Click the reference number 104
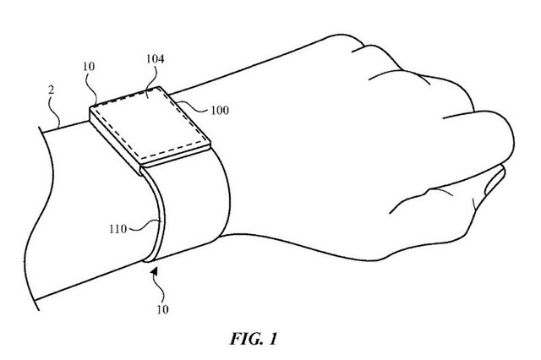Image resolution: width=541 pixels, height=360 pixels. tap(156, 59)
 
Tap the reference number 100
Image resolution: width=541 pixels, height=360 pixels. tap(220, 111)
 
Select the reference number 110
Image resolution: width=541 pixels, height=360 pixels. tap(118, 229)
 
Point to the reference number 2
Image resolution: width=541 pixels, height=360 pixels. tap(51, 90)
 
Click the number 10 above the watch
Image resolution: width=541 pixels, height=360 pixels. tap(89, 67)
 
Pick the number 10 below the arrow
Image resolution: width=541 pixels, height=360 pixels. tap(162, 309)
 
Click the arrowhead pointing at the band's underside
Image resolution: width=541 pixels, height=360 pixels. tap(154, 271)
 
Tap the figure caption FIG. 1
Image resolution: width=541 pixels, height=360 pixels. tap(254, 339)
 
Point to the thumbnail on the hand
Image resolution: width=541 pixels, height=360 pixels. tap(494, 180)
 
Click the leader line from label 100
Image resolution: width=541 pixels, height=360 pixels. tap(194, 107)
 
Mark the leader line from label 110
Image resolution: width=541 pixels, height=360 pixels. tap(145, 226)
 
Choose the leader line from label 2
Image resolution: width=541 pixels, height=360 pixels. tap(57, 111)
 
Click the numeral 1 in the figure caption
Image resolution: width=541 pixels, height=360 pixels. tap(272, 339)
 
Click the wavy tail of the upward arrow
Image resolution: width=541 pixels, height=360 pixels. tap(160, 290)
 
